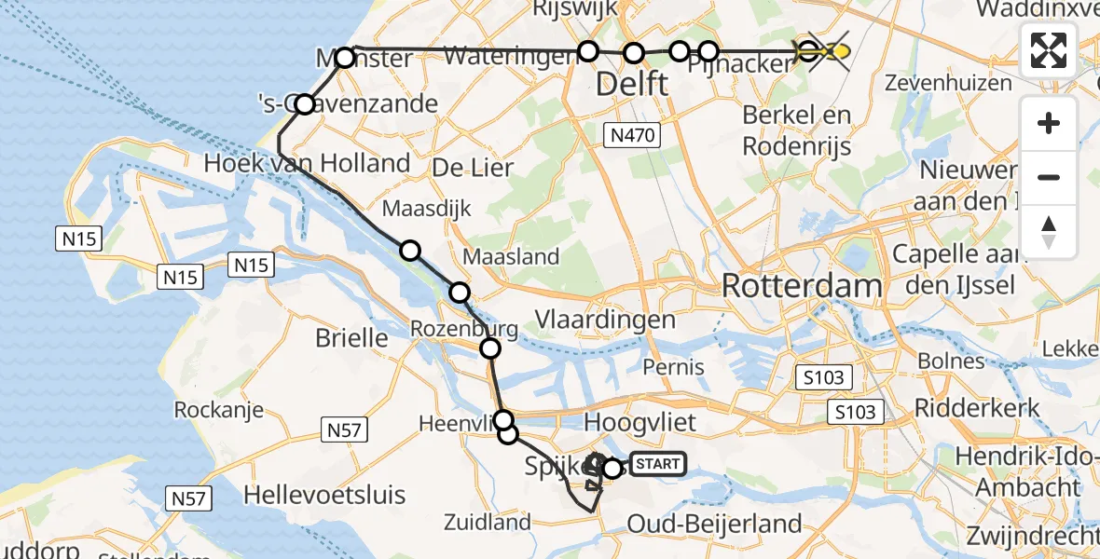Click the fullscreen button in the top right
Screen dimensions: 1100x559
pyautogui.click(x=1049, y=50)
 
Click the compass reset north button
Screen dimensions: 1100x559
pyautogui.click(x=1049, y=231)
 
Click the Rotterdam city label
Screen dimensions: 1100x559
pyautogui.click(x=802, y=286)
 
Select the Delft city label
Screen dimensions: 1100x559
pyautogui.click(x=631, y=85)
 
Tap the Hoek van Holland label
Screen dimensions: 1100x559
pyautogui.click(x=307, y=164)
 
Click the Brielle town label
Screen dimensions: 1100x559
pyautogui.click(x=351, y=337)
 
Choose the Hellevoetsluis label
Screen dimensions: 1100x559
pyautogui.click(x=325, y=494)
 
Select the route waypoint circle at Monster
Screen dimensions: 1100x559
pyautogui.click(x=345, y=58)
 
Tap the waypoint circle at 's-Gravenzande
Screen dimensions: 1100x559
pyautogui.click(x=305, y=103)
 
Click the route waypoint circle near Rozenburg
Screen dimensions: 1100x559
pyautogui.click(x=490, y=348)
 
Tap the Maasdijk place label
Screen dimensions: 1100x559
pyautogui.click(x=438, y=208)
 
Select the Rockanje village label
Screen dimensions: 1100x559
pyautogui.click(x=219, y=410)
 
